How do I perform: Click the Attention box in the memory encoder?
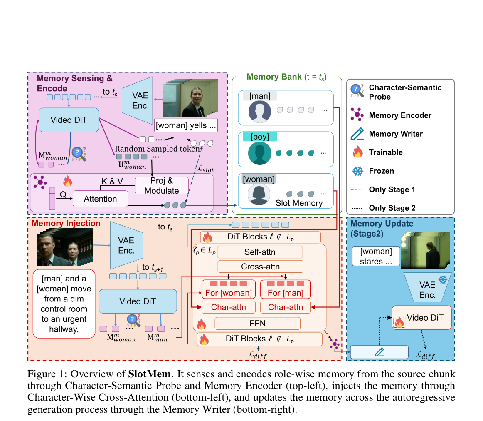(x=101, y=199)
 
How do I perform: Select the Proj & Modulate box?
(x=162, y=185)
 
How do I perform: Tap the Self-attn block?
(x=260, y=252)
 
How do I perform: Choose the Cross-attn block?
(x=260, y=267)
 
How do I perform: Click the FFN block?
(x=258, y=323)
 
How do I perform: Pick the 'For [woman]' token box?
(x=229, y=289)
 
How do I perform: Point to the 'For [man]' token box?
(x=286, y=289)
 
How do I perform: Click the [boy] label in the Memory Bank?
(x=260, y=137)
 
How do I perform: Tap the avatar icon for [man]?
(x=260, y=112)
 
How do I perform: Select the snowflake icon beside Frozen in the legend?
(x=357, y=171)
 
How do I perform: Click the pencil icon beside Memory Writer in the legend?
(x=357, y=134)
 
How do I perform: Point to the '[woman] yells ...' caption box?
(x=186, y=125)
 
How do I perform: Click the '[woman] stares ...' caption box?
(x=376, y=256)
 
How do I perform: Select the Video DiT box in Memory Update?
(x=422, y=318)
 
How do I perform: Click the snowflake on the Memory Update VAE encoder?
(x=443, y=280)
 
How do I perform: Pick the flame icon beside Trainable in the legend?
(x=357, y=152)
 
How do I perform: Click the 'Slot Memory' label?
(x=299, y=203)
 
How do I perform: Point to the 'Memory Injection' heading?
(x=66, y=223)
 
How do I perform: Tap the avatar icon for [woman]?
(x=259, y=194)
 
